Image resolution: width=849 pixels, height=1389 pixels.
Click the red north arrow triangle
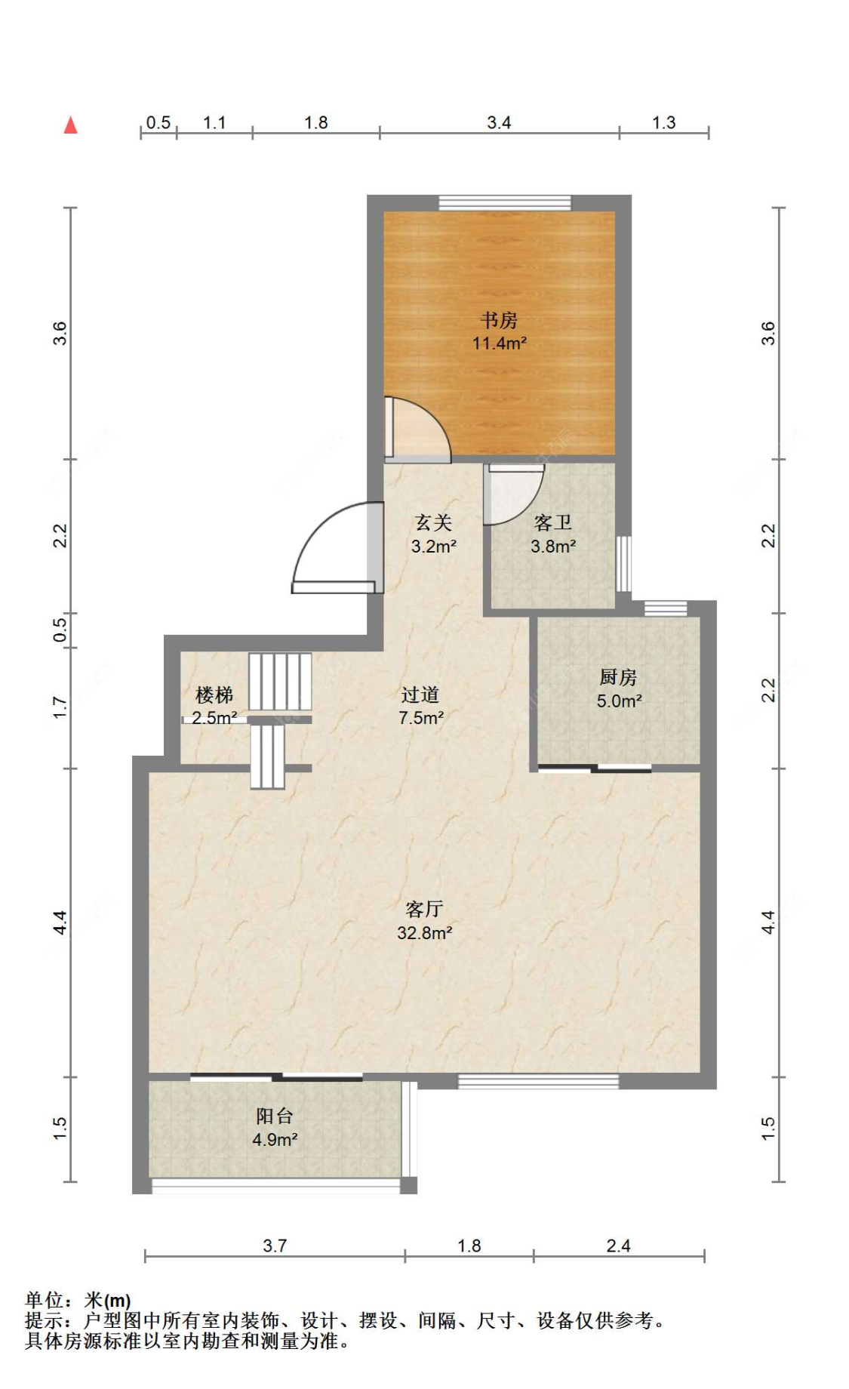click(x=70, y=125)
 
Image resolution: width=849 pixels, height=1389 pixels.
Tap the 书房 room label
click(x=499, y=320)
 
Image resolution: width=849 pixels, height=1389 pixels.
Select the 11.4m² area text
click(x=499, y=343)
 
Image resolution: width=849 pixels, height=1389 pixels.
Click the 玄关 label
click(x=433, y=522)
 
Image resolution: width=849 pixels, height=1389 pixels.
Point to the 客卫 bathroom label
click(x=552, y=522)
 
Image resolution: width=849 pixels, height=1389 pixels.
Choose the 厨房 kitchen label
click(x=618, y=677)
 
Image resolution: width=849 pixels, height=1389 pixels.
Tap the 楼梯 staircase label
click(x=214, y=694)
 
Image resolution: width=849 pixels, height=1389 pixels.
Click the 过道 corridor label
click(x=420, y=694)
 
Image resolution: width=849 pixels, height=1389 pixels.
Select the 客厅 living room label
click(x=424, y=909)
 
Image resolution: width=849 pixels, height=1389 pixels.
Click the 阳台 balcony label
click(x=274, y=1116)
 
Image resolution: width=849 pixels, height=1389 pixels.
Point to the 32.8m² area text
click(x=424, y=933)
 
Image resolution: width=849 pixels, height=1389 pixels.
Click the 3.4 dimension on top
click(x=499, y=122)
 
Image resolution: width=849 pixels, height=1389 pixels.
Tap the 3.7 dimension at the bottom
click(x=275, y=1246)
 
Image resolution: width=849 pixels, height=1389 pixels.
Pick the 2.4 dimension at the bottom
click(x=618, y=1246)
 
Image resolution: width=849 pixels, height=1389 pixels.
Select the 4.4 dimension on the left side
click(x=60, y=922)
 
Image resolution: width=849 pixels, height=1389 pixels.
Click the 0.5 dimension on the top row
click(x=158, y=122)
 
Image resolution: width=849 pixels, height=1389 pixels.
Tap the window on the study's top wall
click(x=505, y=202)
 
